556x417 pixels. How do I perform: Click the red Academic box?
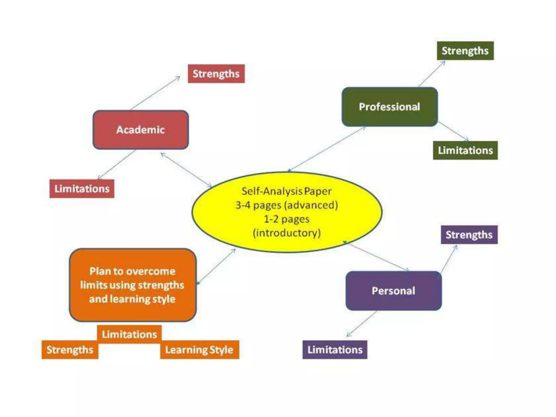[x=140, y=130]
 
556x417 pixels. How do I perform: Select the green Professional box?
[x=389, y=107]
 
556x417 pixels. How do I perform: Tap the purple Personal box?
[x=393, y=291]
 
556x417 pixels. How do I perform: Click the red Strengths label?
[x=216, y=74]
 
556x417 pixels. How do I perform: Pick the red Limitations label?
[x=82, y=189]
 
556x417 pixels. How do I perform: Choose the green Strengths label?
[x=465, y=51]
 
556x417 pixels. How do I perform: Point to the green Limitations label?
[x=465, y=150]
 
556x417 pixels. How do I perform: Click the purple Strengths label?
[x=469, y=235]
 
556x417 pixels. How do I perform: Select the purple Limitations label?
[x=335, y=350]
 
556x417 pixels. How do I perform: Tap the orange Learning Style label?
[x=199, y=350]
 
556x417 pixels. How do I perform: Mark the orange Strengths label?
[x=70, y=350]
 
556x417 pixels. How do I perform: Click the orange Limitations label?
[x=129, y=334]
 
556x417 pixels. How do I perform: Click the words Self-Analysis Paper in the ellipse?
[x=286, y=191]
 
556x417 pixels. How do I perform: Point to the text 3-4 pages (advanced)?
[x=287, y=205]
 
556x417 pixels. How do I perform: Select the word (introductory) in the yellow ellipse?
[x=287, y=233]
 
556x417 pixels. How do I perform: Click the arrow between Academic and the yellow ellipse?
[x=186, y=170]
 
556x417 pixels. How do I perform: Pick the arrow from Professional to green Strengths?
[x=431, y=74]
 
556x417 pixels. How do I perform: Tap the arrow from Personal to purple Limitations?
[x=362, y=324]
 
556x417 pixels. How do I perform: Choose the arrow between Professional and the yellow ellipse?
[x=327, y=149]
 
